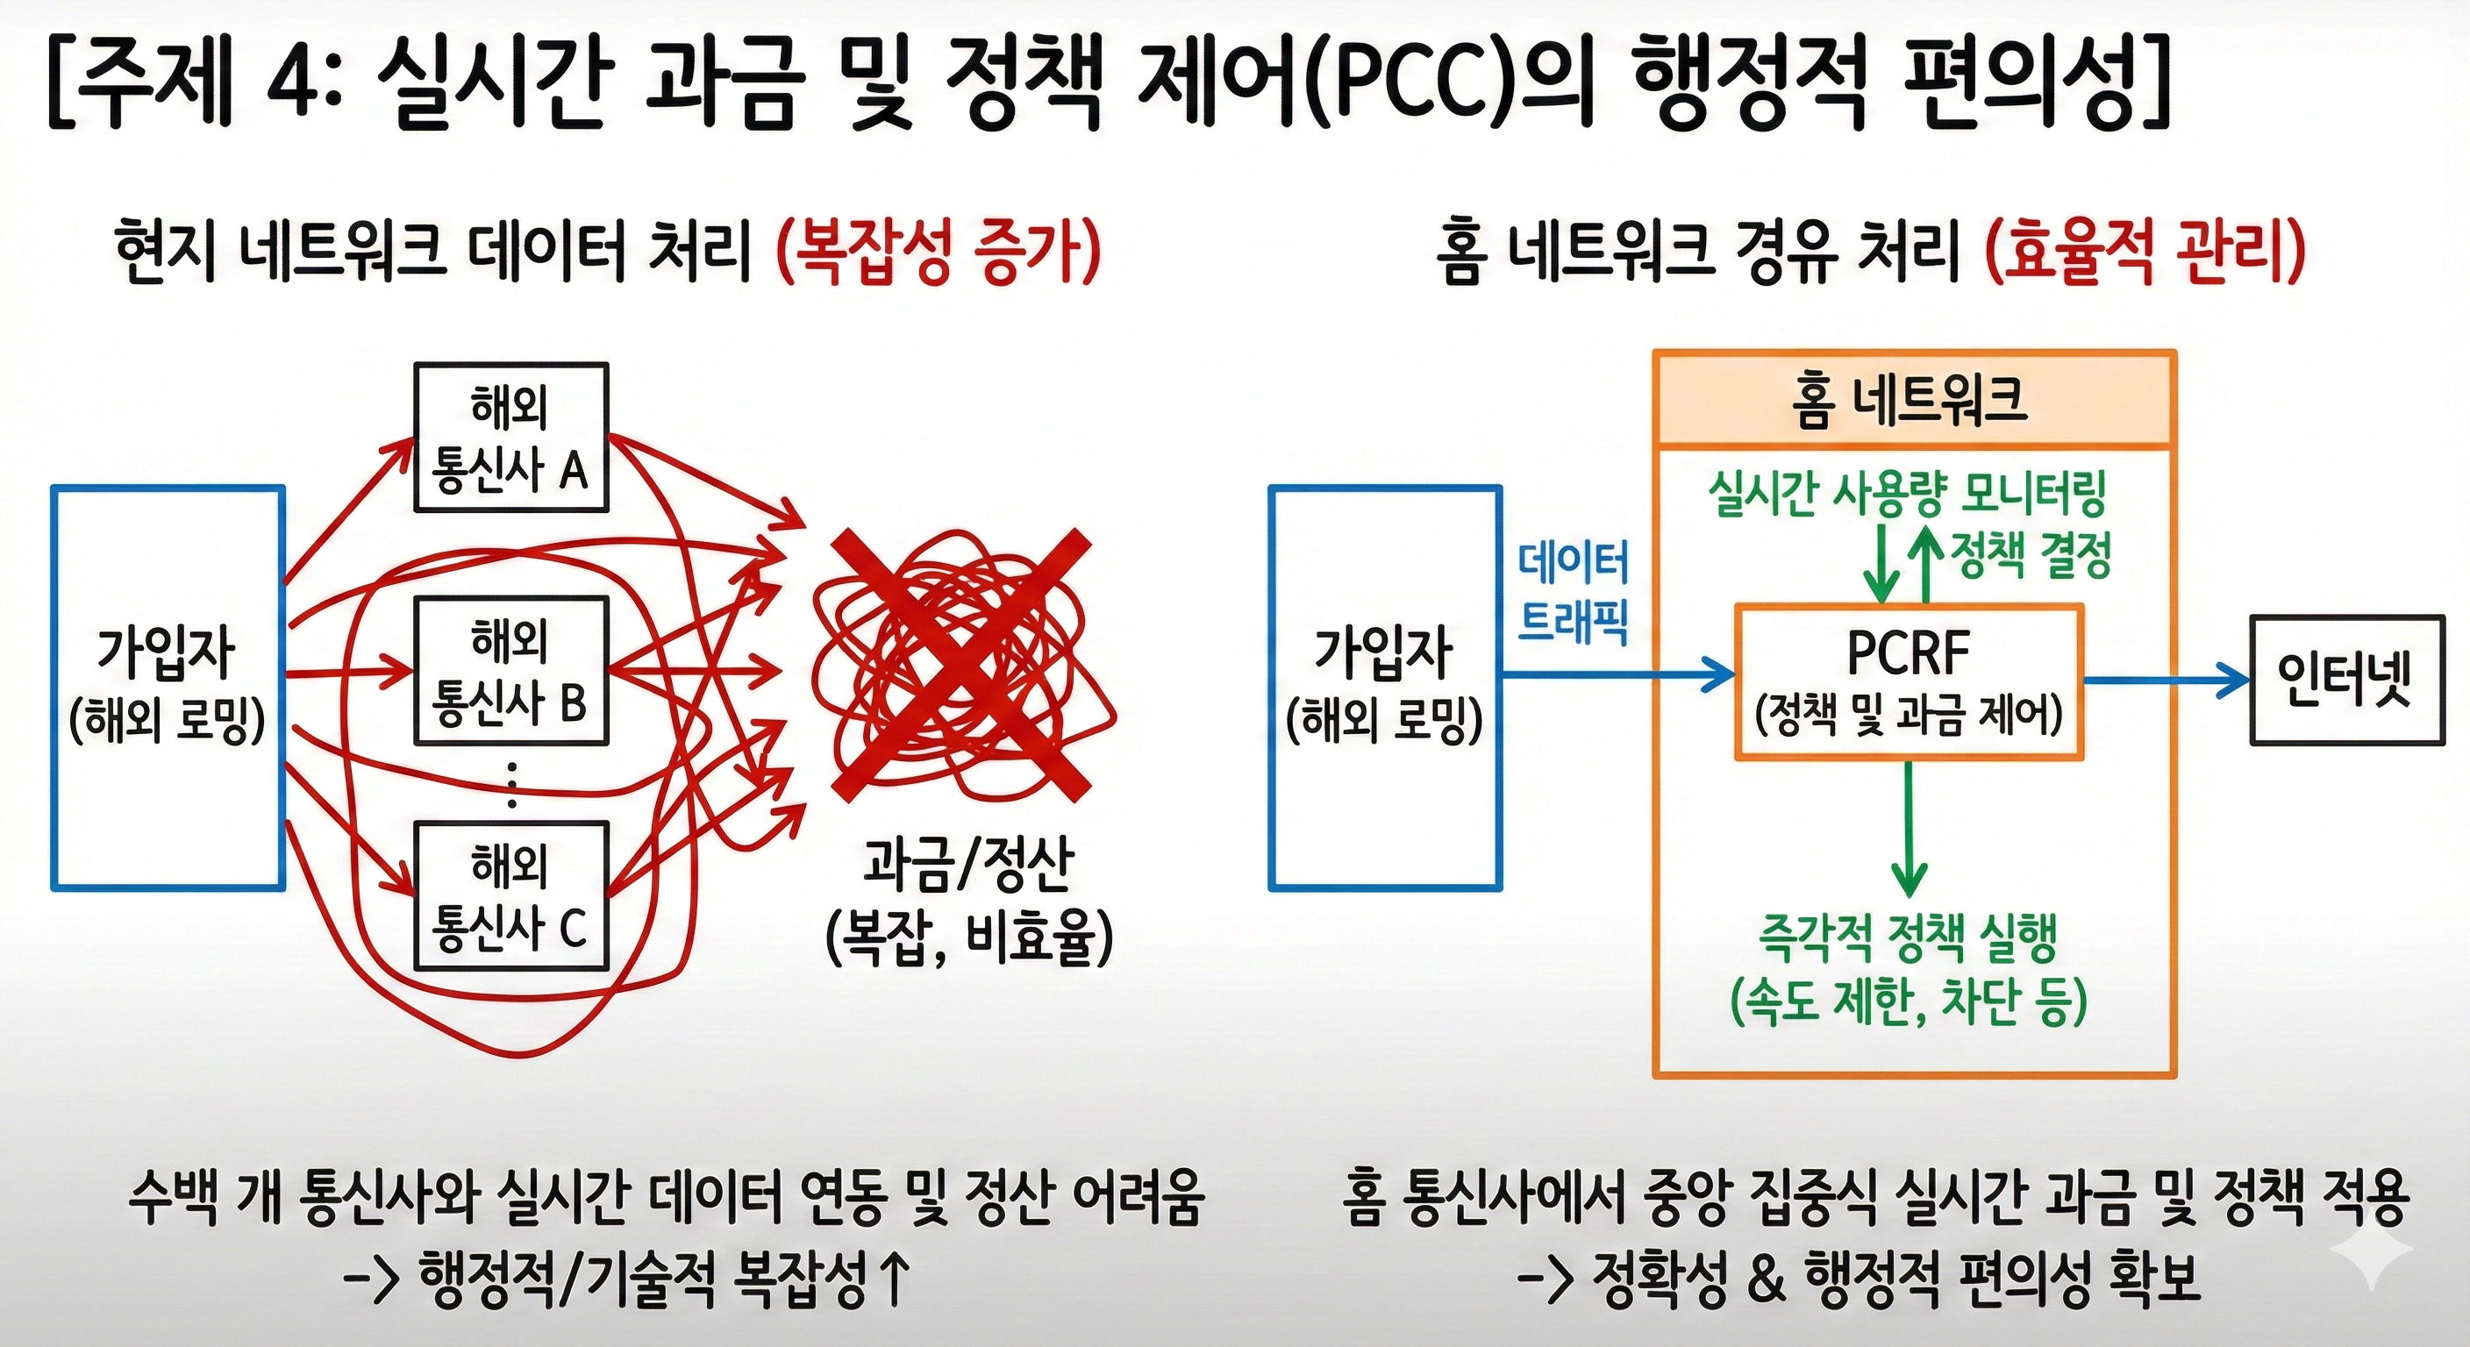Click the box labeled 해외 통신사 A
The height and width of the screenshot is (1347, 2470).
511,438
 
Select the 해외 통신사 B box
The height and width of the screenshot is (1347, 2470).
511,670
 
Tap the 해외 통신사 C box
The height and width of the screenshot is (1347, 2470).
511,896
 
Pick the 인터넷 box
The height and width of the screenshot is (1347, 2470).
2346,680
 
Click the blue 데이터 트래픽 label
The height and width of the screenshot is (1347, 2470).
1573,592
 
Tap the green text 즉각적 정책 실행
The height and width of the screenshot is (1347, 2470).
1908,938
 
